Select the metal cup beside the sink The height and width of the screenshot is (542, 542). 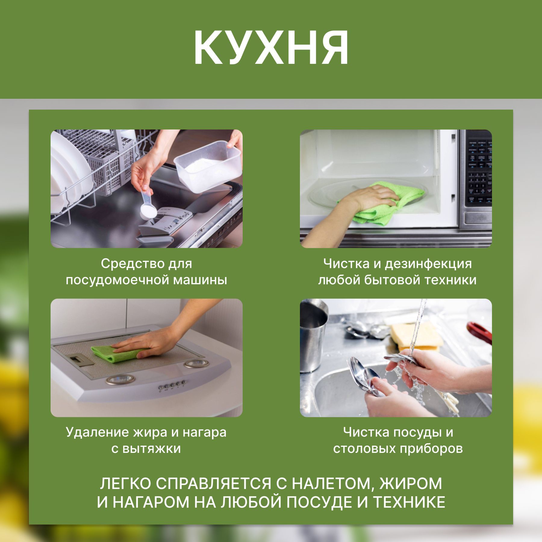pos(313,334)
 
